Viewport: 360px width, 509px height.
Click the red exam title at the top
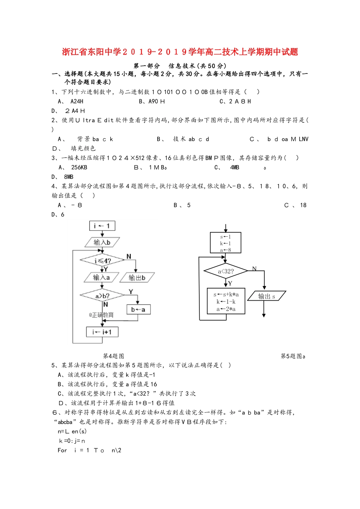pos(180,52)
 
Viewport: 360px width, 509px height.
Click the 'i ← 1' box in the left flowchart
pos(102,226)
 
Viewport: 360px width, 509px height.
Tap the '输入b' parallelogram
pos(102,242)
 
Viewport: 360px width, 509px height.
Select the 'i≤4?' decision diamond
pos(102,261)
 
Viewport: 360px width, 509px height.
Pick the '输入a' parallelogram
pos(101,278)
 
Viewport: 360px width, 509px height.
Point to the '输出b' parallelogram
pos(137,278)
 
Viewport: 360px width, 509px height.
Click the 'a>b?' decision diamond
pos(102,295)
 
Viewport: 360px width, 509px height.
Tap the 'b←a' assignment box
pos(138,309)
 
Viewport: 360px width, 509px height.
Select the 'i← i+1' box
pos(102,332)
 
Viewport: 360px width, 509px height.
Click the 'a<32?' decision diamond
pos(225,271)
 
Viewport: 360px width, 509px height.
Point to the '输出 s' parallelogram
pos(266,296)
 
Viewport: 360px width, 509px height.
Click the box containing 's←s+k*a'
pos(226,301)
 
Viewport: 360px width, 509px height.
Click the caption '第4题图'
pos(113,356)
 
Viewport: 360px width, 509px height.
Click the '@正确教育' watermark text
pos(101,315)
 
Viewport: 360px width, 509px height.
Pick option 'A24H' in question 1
pos(77,101)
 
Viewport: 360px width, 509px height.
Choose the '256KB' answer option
pos(79,167)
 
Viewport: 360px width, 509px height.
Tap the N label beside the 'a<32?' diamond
pos(254,269)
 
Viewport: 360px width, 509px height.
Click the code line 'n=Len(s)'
pos(72,431)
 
